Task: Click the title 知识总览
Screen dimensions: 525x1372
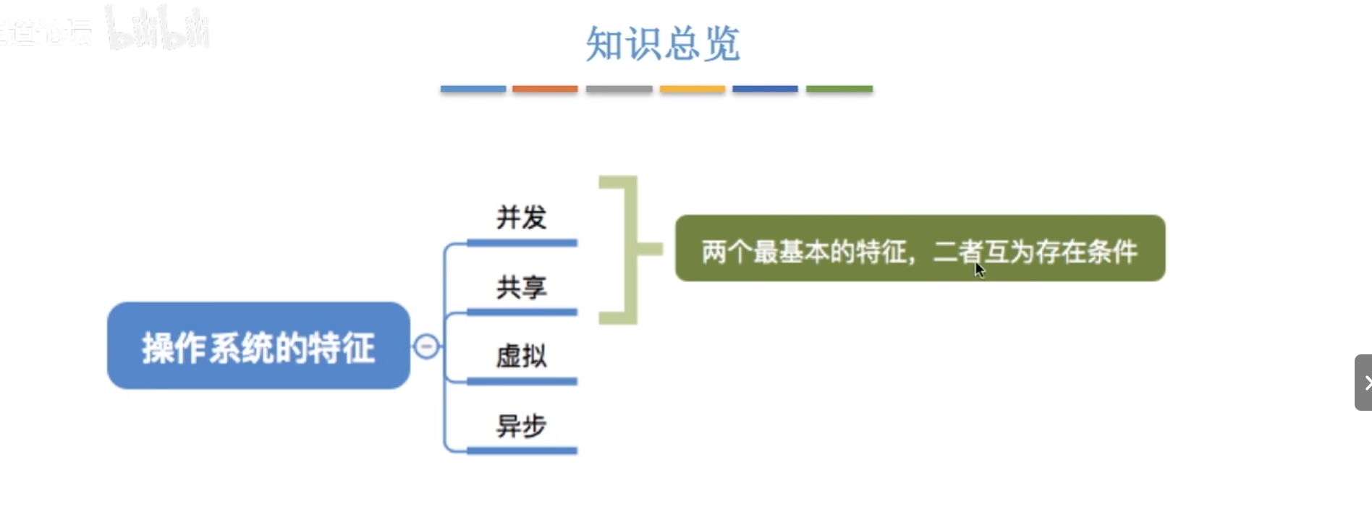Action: [662, 43]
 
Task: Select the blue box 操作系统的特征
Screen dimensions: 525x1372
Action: [258, 346]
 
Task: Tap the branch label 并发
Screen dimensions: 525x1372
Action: [521, 217]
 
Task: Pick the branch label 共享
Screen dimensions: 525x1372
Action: [521, 287]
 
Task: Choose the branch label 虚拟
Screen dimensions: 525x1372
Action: [521, 356]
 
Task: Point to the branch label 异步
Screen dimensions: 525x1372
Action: [521, 425]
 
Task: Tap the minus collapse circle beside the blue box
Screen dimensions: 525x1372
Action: [426, 347]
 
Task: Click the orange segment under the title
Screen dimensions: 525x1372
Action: [545, 89]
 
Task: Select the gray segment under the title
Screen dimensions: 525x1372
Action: [619, 89]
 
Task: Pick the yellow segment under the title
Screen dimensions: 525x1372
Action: [692, 89]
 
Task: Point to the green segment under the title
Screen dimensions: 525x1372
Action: [839, 89]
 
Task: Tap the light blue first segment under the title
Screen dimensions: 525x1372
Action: [473, 89]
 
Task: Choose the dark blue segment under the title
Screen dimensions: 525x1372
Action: [765, 89]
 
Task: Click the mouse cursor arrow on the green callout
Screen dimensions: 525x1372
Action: [979, 270]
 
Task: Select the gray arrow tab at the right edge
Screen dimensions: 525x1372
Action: [1363, 383]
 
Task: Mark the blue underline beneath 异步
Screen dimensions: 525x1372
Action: [522, 451]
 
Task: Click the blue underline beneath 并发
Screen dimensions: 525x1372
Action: [522, 243]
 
